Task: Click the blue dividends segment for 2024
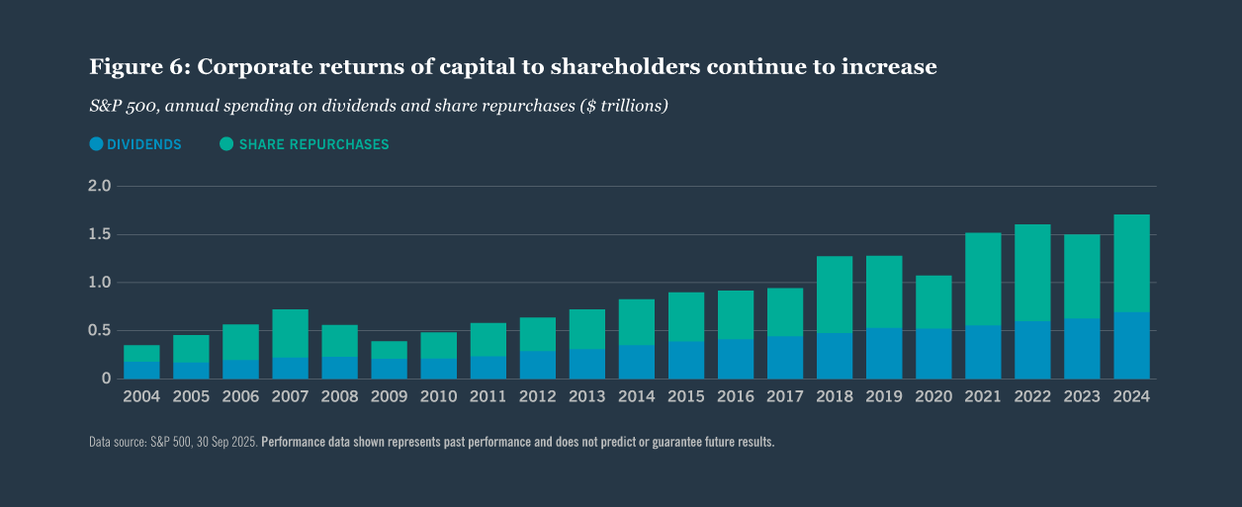[1131, 345]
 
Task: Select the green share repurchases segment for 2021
[983, 279]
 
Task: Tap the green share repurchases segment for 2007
[290, 333]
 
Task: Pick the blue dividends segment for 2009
[389, 369]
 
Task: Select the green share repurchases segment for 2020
[933, 301]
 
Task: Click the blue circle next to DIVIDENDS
[96, 144]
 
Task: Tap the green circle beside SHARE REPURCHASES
[226, 144]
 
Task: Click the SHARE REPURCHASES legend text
[313, 144]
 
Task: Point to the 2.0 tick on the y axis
[100, 187]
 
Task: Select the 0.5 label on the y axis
[100, 331]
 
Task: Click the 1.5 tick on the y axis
[100, 235]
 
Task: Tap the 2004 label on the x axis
[141, 396]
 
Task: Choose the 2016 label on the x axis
[736, 396]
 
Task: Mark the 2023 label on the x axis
[1082, 396]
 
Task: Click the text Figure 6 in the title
[138, 67]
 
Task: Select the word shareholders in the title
[658, 67]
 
